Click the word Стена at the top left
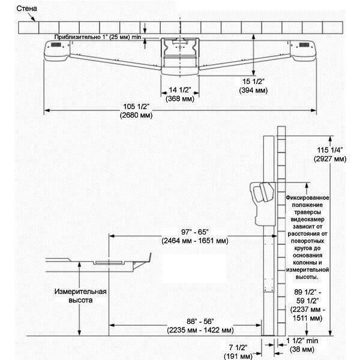pos(26,9)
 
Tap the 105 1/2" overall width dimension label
pos(136,107)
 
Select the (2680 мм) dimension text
pos(136,115)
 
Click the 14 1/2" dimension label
pos(180,90)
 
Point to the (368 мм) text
pos(180,99)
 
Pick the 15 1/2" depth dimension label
pos(253,82)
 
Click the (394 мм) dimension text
pos(253,90)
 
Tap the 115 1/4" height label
pos(330,150)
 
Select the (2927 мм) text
pos(330,159)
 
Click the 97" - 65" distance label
pos(195,232)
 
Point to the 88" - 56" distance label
pos(200,322)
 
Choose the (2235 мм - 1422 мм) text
pos(200,330)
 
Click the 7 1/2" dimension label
pos(238,347)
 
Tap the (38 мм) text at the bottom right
pos(302,349)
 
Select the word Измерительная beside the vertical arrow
pos(80,292)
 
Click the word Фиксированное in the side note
pos(307,197)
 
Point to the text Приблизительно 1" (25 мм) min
pos(98,37)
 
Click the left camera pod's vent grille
pos(56,45)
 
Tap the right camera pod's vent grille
pos(304,45)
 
